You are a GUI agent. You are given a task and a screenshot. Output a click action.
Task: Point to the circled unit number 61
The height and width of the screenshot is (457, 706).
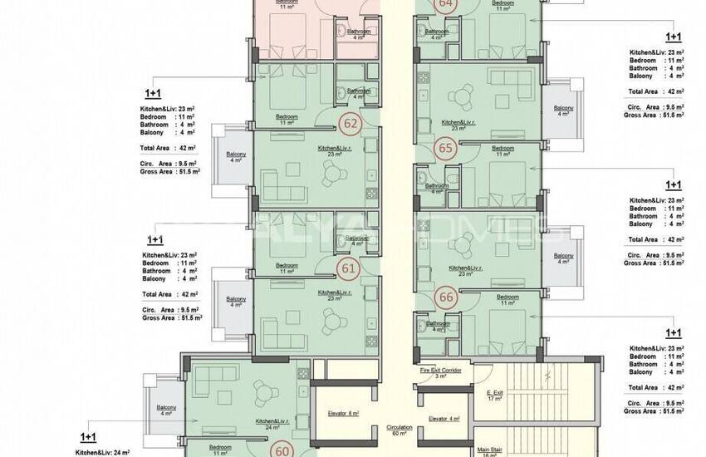coord(350,268)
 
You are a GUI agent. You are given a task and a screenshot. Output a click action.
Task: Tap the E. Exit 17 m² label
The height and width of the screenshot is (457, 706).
coord(495,396)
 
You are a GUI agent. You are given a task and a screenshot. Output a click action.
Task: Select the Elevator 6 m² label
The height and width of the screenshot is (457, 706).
coord(342,413)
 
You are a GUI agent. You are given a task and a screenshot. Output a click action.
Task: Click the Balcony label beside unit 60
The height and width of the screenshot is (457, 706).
coord(166,410)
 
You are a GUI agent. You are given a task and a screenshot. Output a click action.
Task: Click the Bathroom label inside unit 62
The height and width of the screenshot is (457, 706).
coord(358,91)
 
